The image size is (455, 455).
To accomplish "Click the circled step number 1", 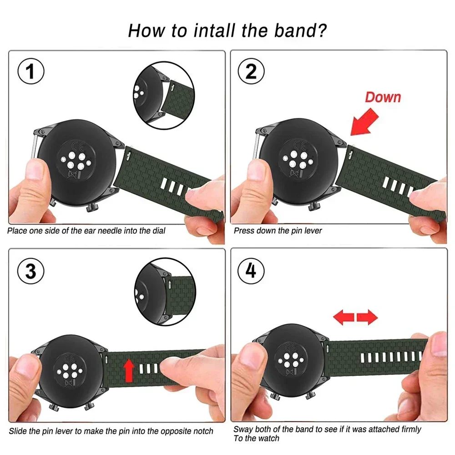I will point(30,72).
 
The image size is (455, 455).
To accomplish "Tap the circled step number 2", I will point(251,72).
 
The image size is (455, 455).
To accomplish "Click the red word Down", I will point(383,97).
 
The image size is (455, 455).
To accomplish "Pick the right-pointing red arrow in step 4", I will point(367,317).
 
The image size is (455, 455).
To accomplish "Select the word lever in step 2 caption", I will point(313,231).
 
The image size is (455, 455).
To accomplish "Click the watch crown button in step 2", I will point(313,207).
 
